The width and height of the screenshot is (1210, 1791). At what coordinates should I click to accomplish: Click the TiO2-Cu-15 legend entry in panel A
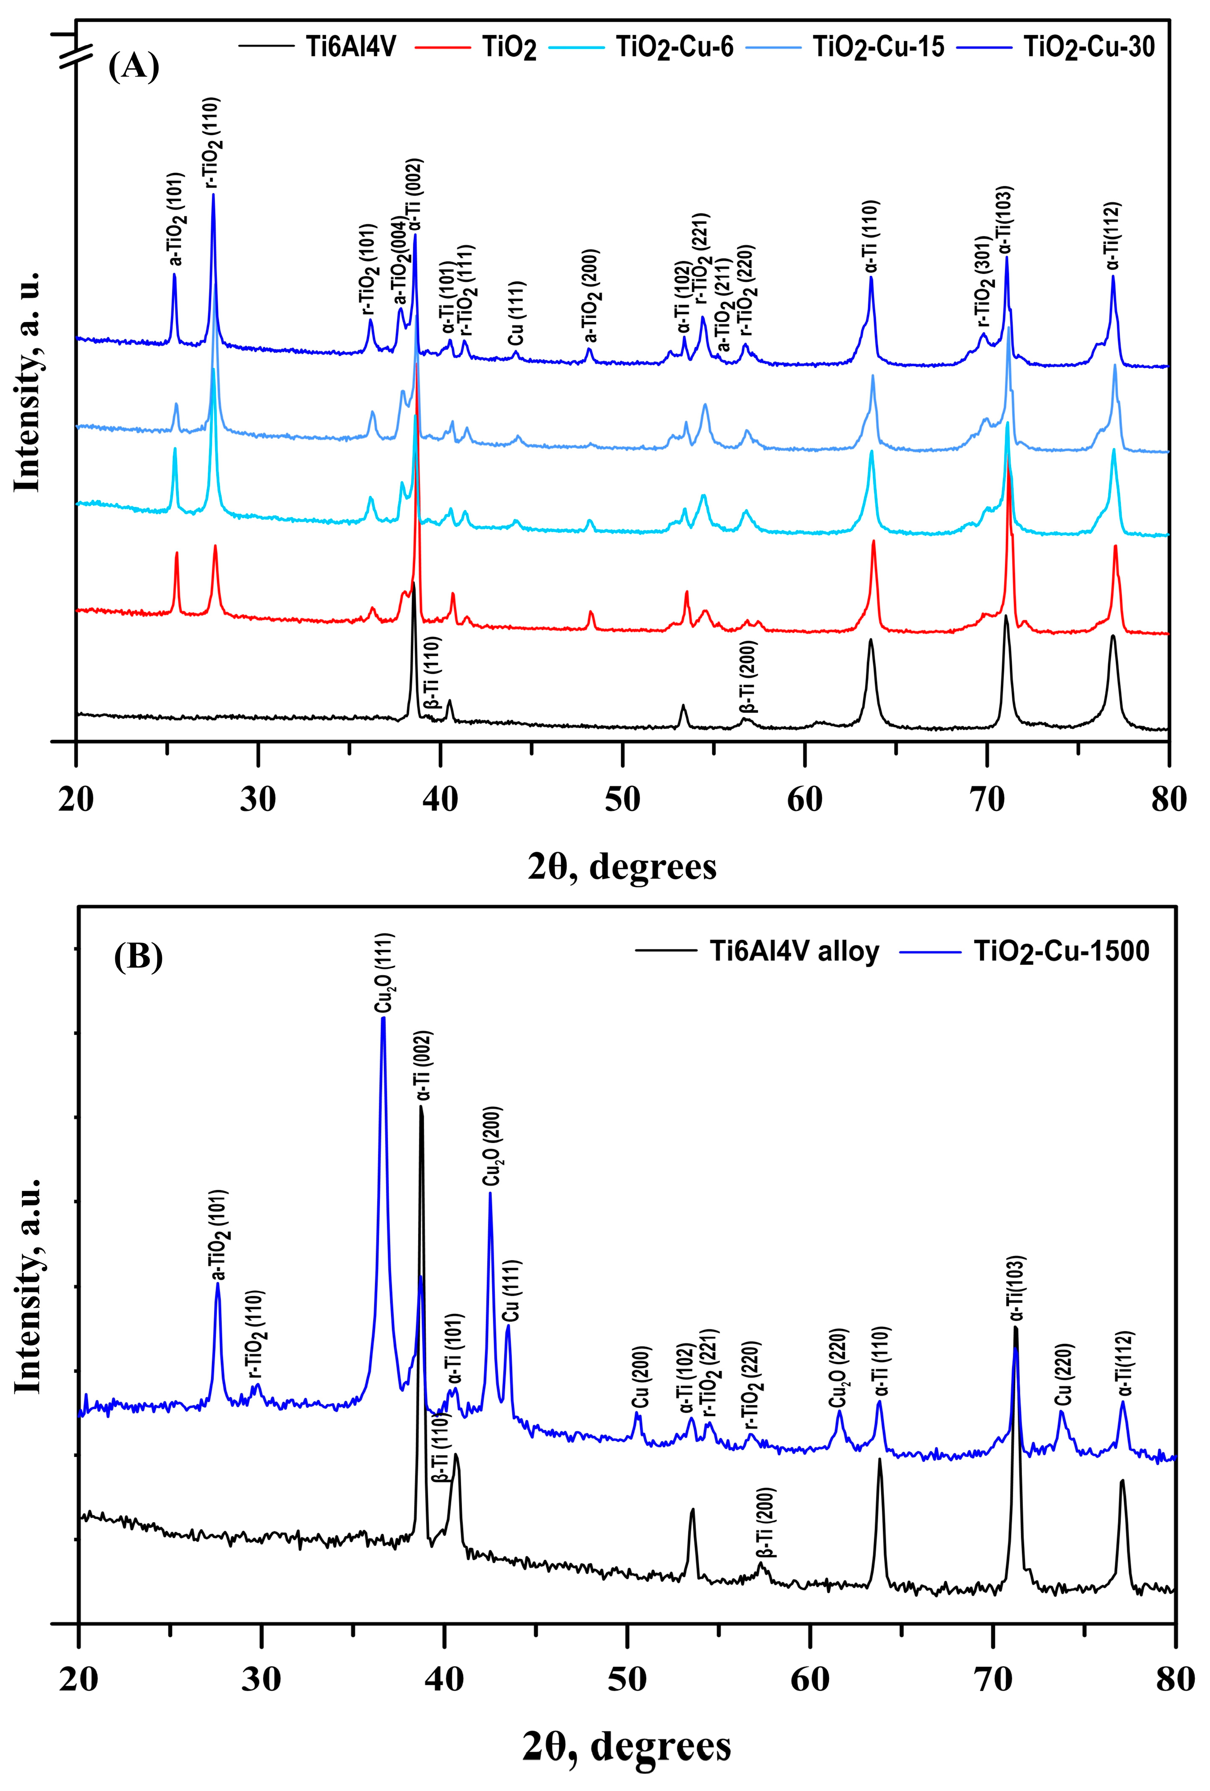tap(878, 48)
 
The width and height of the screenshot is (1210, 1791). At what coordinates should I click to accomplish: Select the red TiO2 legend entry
tap(509, 48)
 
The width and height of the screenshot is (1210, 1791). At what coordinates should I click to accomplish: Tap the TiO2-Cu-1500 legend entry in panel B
tap(1061, 951)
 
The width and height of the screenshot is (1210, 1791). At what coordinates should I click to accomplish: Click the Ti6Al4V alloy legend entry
tap(794, 951)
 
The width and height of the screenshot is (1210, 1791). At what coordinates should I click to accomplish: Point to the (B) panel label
tap(138, 957)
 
